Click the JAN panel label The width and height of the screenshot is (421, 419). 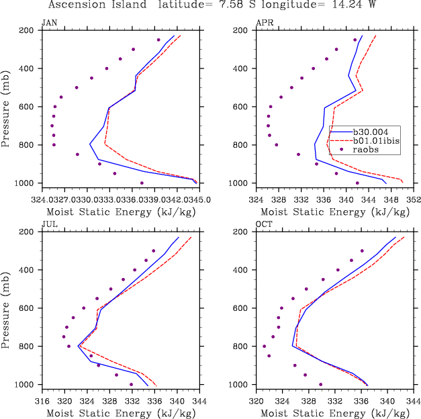click(x=49, y=23)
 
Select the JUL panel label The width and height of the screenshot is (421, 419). click(x=49, y=224)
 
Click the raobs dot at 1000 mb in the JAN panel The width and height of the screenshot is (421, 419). click(x=142, y=183)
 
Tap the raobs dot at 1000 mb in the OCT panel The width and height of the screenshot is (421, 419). click(x=320, y=384)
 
